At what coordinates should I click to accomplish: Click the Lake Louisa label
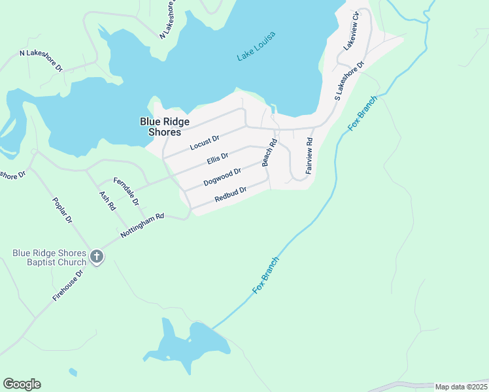(x=256, y=46)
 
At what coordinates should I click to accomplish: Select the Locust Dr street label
(x=205, y=143)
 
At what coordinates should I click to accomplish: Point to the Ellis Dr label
(x=217, y=159)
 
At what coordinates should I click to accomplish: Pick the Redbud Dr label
(x=230, y=193)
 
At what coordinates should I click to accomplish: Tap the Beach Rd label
(x=267, y=152)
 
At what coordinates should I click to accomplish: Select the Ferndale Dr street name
(x=126, y=191)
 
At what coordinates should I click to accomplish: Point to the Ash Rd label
(x=107, y=201)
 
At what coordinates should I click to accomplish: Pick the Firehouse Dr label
(x=68, y=286)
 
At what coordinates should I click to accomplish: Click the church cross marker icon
(x=97, y=257)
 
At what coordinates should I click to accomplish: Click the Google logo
(x=22, y=384)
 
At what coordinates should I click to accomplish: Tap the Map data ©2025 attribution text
(x=461, y=387)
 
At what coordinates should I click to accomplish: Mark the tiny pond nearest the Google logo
(x=72, y=372)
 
